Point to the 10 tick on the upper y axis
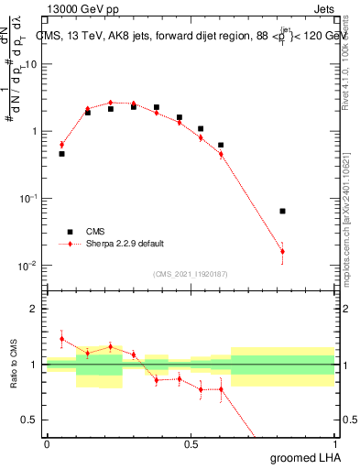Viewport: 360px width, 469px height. click(x=32, y=64)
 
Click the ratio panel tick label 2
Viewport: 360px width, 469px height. click(x=35, y=309)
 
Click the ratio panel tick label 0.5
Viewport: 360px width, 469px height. click(x=31, y=420)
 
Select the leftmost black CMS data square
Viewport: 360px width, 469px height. click(x=61, y=154)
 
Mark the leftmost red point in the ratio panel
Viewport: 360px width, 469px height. click(x=61, y=339)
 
